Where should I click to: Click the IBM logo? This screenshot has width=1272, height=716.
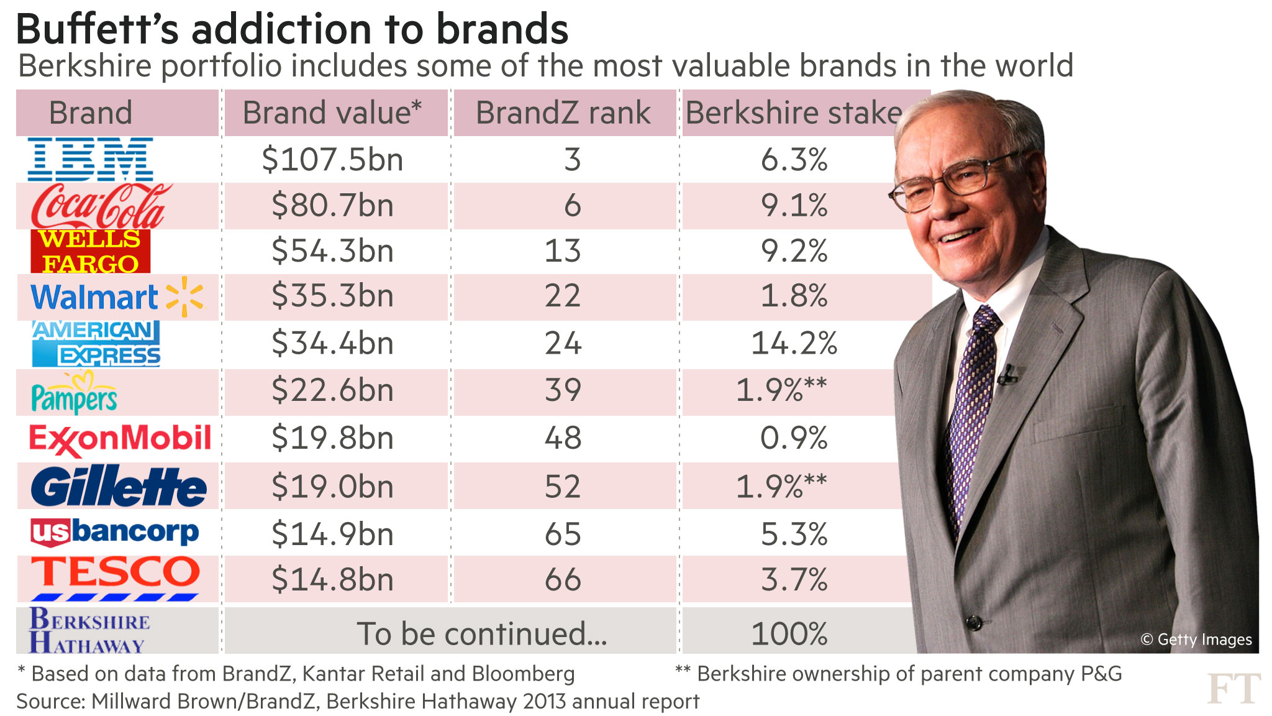[90, 159]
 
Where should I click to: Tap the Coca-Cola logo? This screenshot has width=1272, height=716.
[99, 206]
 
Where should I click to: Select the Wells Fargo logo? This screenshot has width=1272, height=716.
[90, 251]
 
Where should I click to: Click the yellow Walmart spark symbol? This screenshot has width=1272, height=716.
[184, 296]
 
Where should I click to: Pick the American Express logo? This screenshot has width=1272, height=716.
[96, 344]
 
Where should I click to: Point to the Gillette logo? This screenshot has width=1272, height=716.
[118, 486]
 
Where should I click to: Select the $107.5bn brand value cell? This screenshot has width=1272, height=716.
[333, 160]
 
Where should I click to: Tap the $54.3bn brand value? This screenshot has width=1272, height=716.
[333, 251]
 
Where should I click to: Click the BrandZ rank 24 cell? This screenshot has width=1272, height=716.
[563, 343]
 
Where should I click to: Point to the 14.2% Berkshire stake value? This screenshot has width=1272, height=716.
[794, 343]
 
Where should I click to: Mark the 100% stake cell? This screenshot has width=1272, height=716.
[789, 634]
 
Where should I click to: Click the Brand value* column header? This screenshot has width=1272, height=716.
[332, 113]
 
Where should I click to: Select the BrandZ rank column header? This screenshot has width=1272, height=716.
[563, 113]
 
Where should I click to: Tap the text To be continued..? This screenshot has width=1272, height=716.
[481, 634]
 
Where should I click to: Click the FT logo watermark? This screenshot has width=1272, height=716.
[1233, 689]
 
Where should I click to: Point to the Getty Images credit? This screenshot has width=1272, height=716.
[1196, 640]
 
